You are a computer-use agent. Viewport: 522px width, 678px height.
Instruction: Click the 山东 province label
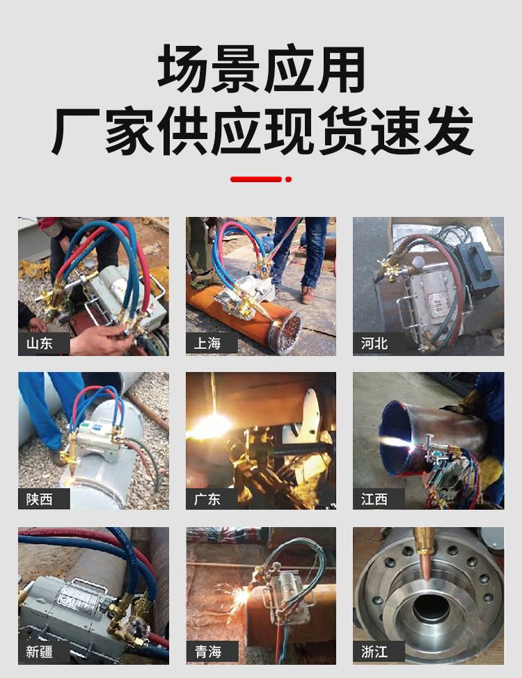pos(40,344)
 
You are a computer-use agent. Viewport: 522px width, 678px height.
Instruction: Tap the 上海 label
pos(207,344)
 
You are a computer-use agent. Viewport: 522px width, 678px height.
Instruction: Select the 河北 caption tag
pos(374,344)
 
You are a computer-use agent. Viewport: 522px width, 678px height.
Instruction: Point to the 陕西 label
pos(40,499)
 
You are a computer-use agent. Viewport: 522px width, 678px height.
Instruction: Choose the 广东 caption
pos(207,499)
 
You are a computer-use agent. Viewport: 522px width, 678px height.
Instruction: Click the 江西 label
pos(374,499)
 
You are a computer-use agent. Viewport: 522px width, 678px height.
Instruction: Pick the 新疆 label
pos(40,652)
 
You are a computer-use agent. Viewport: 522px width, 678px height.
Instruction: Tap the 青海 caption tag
pos(208,652)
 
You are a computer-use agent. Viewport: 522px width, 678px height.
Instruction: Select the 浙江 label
pos(374,652)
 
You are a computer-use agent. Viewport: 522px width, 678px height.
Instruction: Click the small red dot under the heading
pos(289,179)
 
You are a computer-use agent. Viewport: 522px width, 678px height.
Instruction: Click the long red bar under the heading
pos(256,179)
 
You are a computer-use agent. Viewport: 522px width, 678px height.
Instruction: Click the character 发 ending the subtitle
pos(449,131)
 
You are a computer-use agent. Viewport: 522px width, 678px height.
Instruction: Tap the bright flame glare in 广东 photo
pos(211,425)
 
